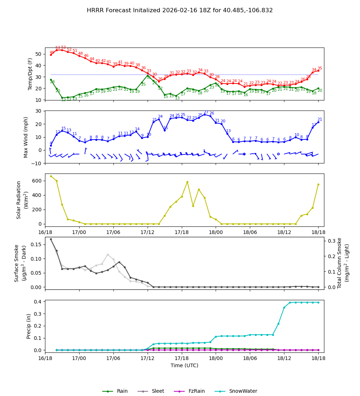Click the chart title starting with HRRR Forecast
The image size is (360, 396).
(180, 10)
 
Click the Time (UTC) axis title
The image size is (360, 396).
(184, 365)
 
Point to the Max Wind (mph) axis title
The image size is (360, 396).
(26, 137)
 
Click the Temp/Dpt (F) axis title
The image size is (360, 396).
(31, 74)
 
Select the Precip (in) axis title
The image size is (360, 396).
(29, 326)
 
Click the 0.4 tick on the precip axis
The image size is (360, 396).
(38, 302)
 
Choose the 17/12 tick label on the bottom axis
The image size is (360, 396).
(147, 358)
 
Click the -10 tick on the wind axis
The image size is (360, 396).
(37, 163)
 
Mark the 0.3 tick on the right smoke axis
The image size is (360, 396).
(332, 241)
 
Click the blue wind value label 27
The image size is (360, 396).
(206, 112)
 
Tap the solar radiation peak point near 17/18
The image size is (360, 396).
(187, 182)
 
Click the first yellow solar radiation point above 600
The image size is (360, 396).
(51, 176)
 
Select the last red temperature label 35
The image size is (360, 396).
(320, 68)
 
